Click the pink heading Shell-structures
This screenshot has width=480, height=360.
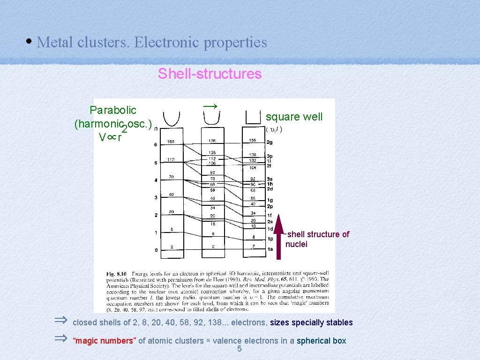pos(210,74)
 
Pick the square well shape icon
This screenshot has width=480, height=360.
pos(253,117)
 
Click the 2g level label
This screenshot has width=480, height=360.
pos(270,142)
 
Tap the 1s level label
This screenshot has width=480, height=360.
pos(270,249)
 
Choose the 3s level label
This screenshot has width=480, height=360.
pos(270,179)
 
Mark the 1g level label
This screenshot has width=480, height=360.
pos(270,200)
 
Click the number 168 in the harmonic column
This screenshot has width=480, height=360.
pos(171,142)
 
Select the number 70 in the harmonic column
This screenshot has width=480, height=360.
pos(171,177)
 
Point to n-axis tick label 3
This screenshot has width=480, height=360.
pos(156,198)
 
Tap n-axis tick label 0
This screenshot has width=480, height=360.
pos(156,250)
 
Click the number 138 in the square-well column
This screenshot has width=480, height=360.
pos(253,155)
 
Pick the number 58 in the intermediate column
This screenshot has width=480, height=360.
pos(212,189)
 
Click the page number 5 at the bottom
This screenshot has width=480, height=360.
pos(240,349)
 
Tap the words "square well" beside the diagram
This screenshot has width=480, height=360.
pos(294,117)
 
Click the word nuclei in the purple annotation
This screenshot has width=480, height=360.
pos(296,244)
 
